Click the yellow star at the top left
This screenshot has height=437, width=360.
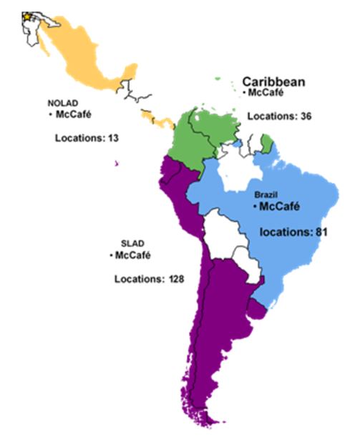point(28,16)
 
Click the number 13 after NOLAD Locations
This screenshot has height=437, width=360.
point(112,137)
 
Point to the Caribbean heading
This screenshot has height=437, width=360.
point(273,82)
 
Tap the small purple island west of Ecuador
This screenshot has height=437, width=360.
point(115,162)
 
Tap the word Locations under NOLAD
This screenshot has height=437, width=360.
point(79,137)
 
